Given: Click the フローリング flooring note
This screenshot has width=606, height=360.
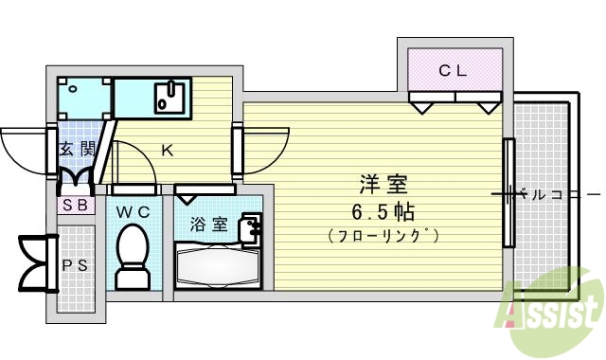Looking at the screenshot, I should (x=383, y=234).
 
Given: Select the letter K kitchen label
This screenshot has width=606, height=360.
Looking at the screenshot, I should (x=166, y=149).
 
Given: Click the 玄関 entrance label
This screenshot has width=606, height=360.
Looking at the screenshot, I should (x=76, y=148).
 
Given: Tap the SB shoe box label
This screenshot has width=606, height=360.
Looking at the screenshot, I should (x=76, y=205).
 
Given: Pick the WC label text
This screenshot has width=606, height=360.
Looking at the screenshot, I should (x=133, y=213).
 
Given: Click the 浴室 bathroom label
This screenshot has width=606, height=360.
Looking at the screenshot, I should (x=208, y=225).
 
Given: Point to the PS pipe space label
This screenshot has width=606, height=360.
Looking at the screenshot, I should (x=76, y=265).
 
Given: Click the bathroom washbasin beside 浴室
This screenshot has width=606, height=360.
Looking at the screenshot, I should (x=250, y=227).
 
